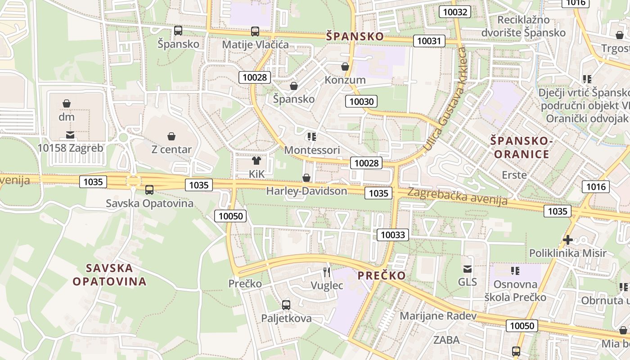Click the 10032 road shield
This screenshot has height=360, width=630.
click(x=455, y=12)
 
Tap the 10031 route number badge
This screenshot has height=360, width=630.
click(x=429, y=41)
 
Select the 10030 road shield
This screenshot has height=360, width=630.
click(x=361, y=102)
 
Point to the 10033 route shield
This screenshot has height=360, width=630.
click(x=393, y=234)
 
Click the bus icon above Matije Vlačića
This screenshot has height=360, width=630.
click(x=255, y=31)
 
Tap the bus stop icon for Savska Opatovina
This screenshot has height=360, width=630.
click(x=149, y=190)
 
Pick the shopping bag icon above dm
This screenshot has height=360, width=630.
click(x=67, y=103)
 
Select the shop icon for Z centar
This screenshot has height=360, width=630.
click(x=171, y=136)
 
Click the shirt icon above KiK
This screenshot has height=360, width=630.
click(x=256, y=160)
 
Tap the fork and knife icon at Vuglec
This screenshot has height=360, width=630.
click(x=327, y=272)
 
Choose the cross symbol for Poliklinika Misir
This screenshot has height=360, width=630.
click(x=568, y=239)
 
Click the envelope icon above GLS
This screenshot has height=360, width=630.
click(x=468, y=269)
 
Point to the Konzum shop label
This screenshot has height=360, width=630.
click(x=345, y=80)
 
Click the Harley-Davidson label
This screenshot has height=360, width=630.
click(x=307, y=191)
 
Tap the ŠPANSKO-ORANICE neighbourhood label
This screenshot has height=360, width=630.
click(x=521, y=148)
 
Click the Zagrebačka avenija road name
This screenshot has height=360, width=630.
click(x=457, y=196)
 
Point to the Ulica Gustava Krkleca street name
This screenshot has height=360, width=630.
click(x=446, y=99)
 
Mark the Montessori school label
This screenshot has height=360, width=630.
click(x=312, y=149)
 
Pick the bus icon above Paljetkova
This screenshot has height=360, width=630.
click(x=286, y=305)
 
